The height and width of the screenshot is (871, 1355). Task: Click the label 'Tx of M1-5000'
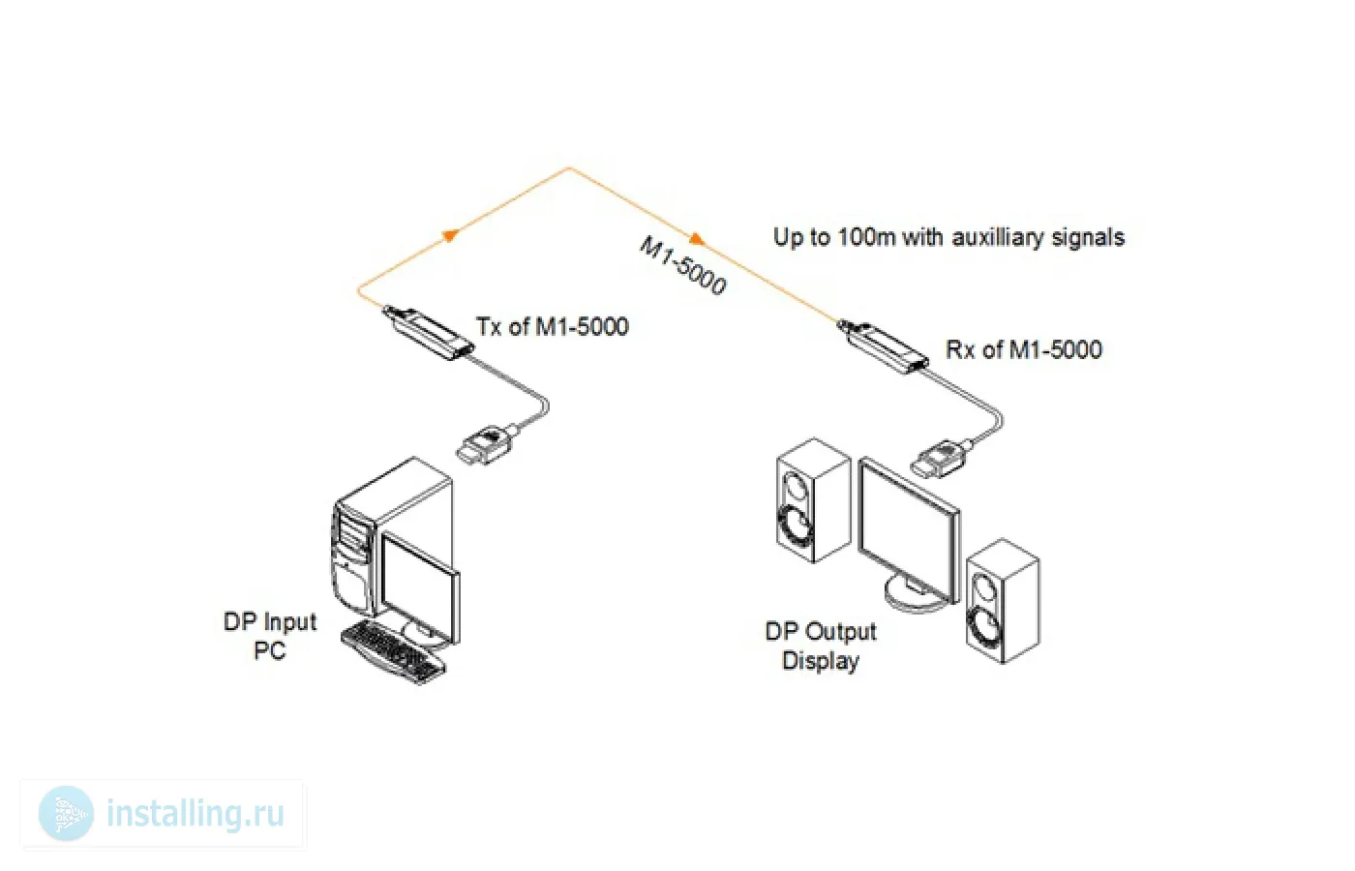(552, 327)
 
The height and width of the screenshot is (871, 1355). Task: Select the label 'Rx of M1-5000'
(1023, 349)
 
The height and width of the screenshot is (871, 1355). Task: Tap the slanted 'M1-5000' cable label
(682, 264)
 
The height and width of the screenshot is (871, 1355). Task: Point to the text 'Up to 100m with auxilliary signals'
(948, 237)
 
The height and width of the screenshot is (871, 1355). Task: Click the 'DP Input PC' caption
(270, 636)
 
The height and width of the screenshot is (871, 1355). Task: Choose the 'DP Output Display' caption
(821, 646)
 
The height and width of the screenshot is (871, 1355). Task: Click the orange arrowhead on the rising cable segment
(448, 235)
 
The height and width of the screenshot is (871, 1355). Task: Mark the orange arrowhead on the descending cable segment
(696, 239)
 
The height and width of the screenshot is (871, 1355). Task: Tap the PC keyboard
(393, 651)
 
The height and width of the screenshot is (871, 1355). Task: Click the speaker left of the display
(813, 500)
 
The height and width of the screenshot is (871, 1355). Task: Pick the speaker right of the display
(1003, 602)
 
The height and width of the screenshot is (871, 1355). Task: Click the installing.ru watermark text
(196, 814)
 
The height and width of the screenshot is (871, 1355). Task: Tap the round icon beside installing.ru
(66, 814)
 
